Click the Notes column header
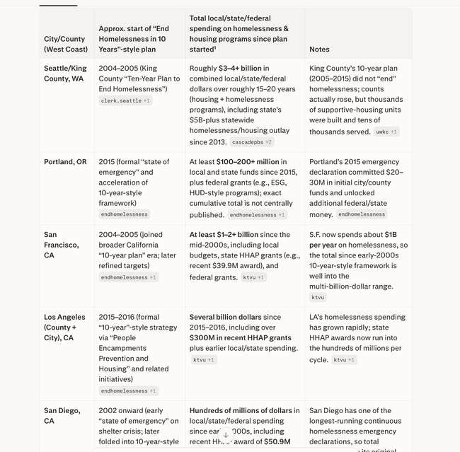click(319, 50)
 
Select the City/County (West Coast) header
click(66, 44)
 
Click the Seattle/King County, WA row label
click(65, 74)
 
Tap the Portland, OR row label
click(65, 162)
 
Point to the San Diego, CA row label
click(62, 415)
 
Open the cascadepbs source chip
click(252, 142)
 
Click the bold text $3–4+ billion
click(241, 69)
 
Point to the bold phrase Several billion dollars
click(225, 317)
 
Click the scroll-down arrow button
click(226, 435)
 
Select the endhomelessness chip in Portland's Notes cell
click(362, 214)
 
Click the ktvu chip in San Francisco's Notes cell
click(318, 298)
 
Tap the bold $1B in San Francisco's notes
click(391, 235)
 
